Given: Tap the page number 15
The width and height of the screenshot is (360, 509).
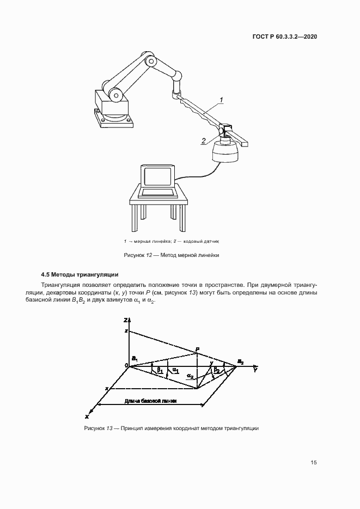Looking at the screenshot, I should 314,463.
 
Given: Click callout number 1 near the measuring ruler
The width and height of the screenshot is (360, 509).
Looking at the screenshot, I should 222,99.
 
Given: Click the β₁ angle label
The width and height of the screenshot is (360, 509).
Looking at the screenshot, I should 160,370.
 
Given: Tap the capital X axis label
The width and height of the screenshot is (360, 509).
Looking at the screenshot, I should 87,415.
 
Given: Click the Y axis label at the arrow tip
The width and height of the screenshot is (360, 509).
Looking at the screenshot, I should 255,370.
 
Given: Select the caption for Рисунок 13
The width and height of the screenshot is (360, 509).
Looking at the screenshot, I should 171,428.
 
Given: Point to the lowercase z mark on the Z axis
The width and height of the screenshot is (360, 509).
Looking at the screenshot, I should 125,331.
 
